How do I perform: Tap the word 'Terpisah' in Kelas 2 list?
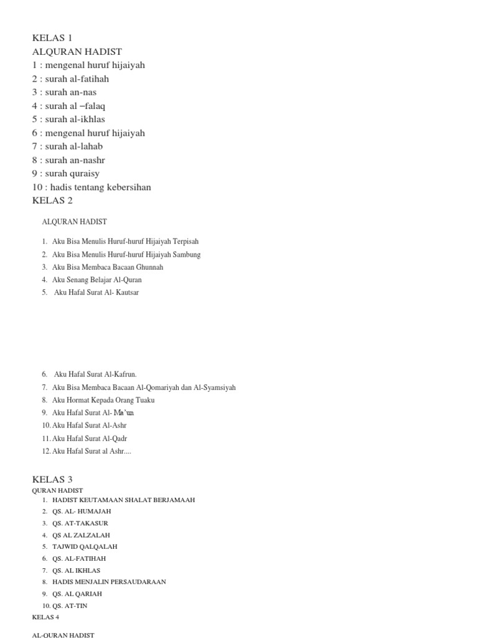[186, 242]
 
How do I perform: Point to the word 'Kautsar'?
[124, 292]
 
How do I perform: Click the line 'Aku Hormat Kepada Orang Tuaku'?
[103, 400]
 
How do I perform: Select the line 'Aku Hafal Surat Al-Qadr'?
[90, 439]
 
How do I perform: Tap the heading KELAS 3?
[52, 479]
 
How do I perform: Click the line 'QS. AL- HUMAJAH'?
[82, 512]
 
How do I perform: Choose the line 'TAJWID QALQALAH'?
[85, 546]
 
